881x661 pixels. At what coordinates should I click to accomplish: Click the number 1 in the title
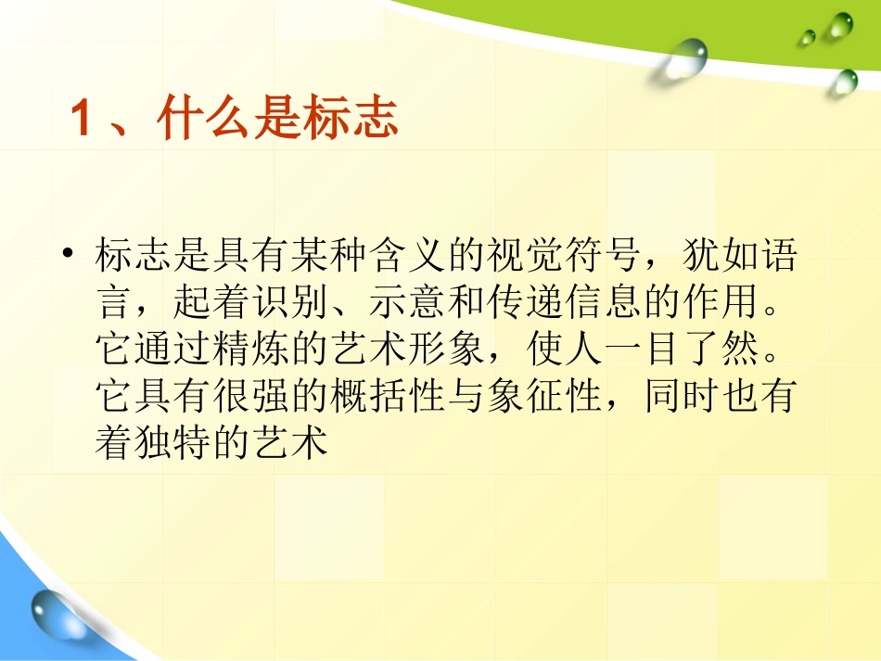click(x=82, y=122)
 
